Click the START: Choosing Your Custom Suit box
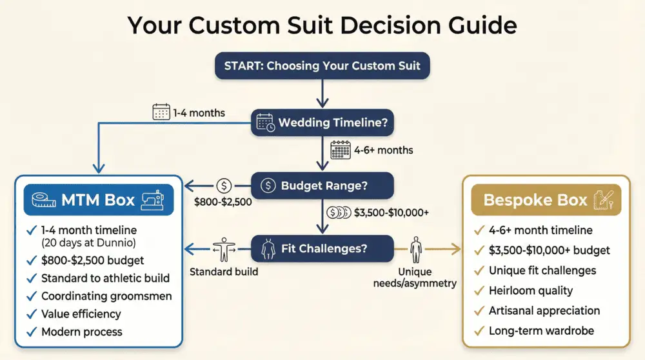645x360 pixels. (322, 65)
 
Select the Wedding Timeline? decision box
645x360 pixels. (322, 123)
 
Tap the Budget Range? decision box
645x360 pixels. (322, 186)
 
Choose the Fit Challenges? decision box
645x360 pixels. (322, 248)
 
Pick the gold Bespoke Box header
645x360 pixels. (546, 199)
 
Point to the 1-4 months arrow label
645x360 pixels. (199, 113)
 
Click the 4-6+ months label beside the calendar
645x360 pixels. (384, 150)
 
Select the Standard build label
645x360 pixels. (224, 272)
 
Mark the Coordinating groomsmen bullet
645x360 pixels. (106, 296)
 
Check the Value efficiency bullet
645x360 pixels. (81, 314)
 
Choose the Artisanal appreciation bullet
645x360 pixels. (544, 310)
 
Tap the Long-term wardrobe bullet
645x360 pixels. (541, 331)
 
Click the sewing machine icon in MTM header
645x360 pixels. (153, 199)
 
